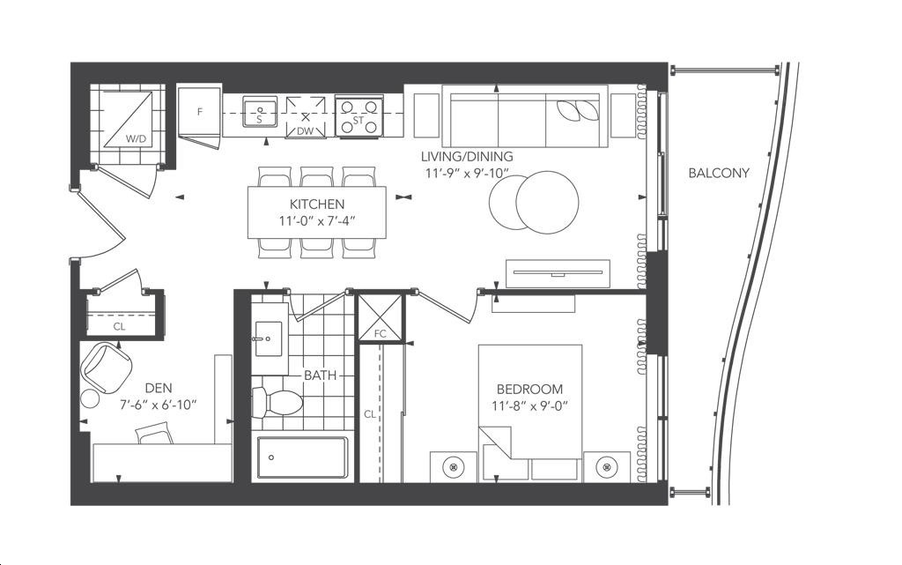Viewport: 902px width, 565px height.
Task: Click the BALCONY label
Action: coord(719,173)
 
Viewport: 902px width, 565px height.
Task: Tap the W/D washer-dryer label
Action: coord(137,138)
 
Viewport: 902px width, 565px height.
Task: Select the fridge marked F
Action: coord(199,112)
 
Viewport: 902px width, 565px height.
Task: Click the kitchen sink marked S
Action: coord(260,111)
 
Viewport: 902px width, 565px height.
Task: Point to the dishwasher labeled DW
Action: coord(306,117)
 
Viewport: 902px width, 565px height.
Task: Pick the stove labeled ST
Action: coord(359,116)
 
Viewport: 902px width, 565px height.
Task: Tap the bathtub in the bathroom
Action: coord(303,457)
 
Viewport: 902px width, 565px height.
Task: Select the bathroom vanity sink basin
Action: coord(268,338)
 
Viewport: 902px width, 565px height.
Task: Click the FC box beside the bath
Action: coord(381,317)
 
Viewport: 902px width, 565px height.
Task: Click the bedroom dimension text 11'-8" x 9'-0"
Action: coord(529,405)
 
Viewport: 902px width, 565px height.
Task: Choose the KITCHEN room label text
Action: coord(317,204)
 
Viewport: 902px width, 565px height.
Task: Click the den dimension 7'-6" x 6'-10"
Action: coord(159,405)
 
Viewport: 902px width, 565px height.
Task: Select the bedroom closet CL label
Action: coord(370,413)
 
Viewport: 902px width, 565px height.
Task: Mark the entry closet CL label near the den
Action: coord(119,327)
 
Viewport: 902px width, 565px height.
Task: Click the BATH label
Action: coord(321,375)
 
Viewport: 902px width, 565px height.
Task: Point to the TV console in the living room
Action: coord(558,274)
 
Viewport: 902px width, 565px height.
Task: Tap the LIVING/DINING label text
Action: coord(467,156)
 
